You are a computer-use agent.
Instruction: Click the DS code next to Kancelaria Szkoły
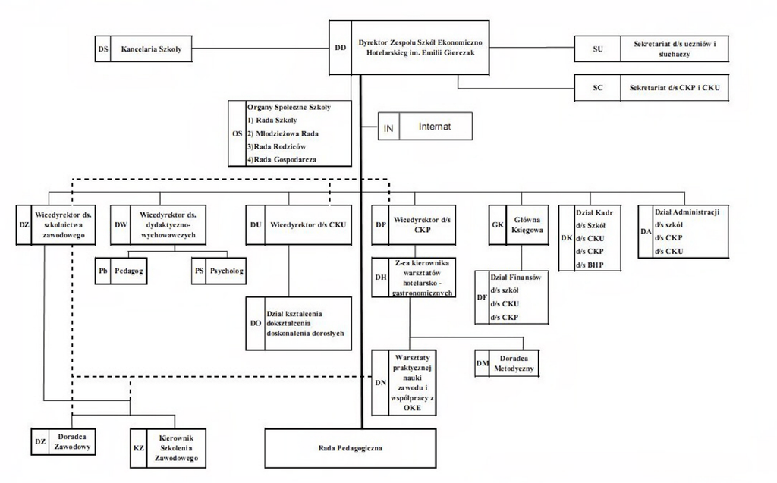click(103, 49)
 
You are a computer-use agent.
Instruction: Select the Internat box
click(435, 127)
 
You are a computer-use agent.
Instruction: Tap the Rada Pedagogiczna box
click(350, 448)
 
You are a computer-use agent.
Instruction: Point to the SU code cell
click(597, 50)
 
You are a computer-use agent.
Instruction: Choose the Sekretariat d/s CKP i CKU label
click(674, 88)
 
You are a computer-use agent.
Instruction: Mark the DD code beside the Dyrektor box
click(340, 47)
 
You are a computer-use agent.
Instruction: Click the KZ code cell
click(138, 448)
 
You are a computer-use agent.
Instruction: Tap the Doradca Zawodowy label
click(73, 442)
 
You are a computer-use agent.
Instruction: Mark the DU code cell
click(255, 225)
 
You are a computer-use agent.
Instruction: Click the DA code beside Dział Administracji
click(645, 231)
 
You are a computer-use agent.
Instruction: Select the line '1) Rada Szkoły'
click(271, 120)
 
